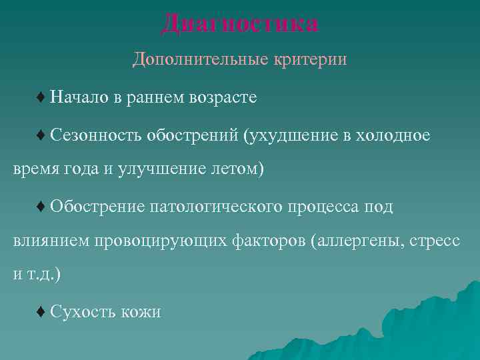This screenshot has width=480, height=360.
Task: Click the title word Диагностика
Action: [240, 24]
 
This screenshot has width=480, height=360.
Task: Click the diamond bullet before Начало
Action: [41, 98]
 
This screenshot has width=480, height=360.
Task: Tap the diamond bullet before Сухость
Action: [41, 311]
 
